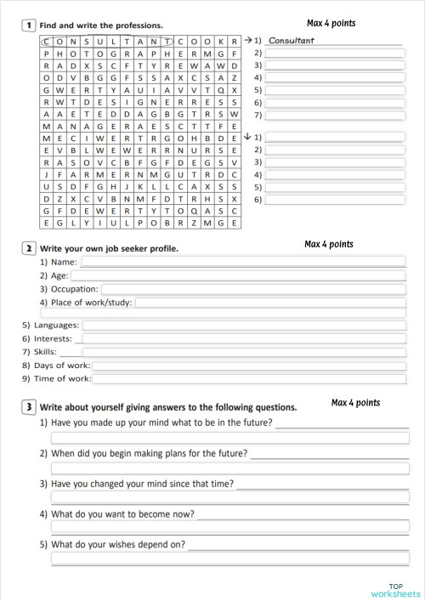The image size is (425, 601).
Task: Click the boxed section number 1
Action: click(30, 26)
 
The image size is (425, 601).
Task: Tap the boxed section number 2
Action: click(30, 247)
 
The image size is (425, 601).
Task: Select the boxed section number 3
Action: click(30, 406)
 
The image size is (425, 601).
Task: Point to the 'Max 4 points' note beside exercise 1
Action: click(331, 23)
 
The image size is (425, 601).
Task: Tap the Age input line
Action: click(238, 275)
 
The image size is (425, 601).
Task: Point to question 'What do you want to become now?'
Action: click(122, 514)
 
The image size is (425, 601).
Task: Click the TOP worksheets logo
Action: click(395, 589)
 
